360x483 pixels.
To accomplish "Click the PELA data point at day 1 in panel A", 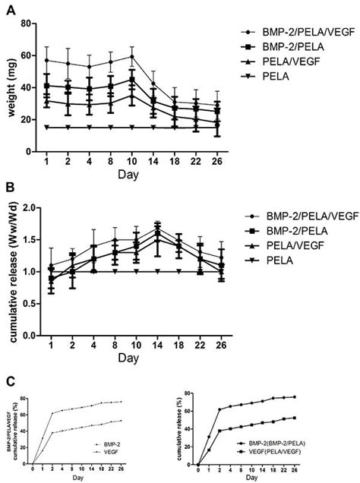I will [48, 128].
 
